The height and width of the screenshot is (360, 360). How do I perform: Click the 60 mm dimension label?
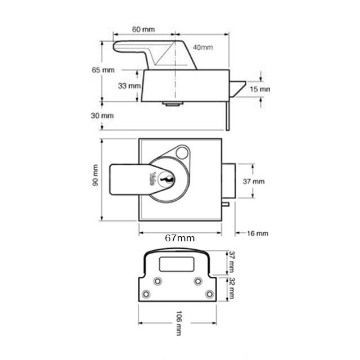(x=144, y=28)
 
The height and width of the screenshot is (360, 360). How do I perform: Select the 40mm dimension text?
(x=202, y=47)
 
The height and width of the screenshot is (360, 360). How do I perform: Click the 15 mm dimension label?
(x=260, y=89)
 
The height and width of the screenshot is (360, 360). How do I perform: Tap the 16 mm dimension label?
(x=258, y=233)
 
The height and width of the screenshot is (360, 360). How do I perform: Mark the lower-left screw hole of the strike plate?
(x=147, y=294)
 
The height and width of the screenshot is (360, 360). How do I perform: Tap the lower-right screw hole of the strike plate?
(x=209, y=294)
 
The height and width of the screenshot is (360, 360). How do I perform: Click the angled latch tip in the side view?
(x=239, y=87)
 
